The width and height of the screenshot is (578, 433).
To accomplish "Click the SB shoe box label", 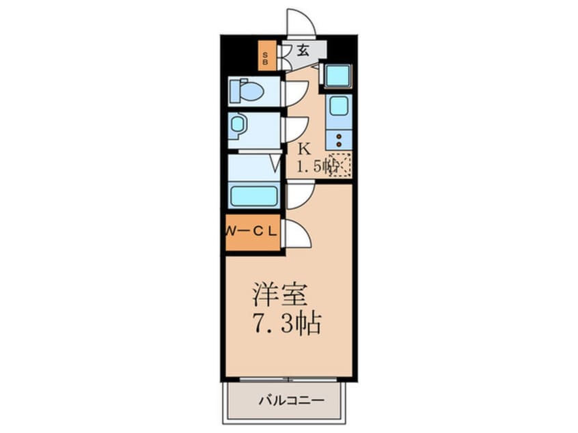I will click(x=266, y=56).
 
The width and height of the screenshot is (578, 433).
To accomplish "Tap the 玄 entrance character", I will click(x=302, y=51).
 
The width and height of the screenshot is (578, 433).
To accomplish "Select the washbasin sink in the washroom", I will click(x=238, y=124).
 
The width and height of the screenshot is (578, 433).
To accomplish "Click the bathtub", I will click(x=253, y=195).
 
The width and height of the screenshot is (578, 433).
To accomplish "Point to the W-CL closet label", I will click(x=251, y=231).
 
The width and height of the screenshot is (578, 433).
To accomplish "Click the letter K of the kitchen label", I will click(x=305, y=148).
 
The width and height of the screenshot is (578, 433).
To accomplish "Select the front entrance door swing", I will click(x=301, y=23).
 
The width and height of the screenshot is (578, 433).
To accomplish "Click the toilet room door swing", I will click(x=295, y=93).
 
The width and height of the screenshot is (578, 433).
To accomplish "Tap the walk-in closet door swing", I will click(x=297, y=236).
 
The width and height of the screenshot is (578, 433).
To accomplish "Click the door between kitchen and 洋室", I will click(x=299, y=196).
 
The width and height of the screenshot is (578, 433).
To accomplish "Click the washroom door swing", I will click(x=296, y=129).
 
